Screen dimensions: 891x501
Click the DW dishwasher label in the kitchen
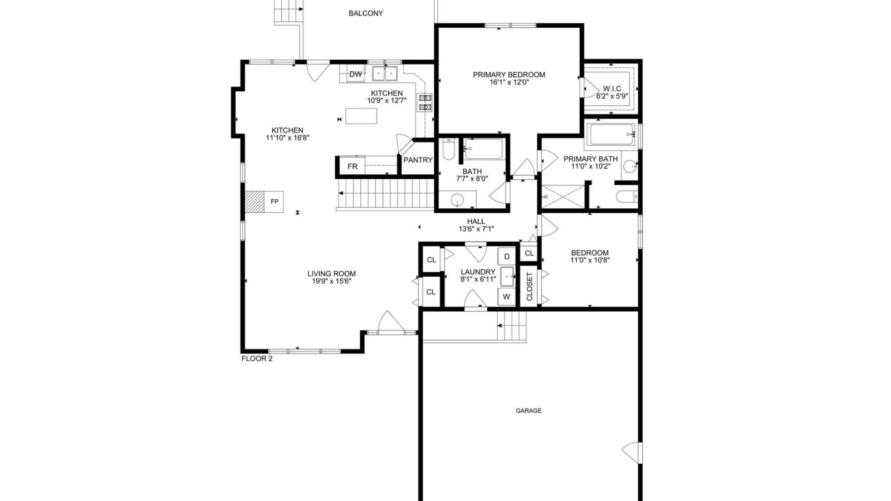(356, 74)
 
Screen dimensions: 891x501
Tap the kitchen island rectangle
(361, 116)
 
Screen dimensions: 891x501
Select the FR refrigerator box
(352, 166)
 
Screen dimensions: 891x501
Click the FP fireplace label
(275, 202)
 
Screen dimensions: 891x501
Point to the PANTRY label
(418, 160)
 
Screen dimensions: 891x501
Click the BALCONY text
(366, 13)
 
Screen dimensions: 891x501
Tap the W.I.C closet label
(612, 89)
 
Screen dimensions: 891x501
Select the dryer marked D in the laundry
(507, 257)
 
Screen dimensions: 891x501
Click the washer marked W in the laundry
(507, 297)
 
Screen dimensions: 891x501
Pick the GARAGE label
(528, 411)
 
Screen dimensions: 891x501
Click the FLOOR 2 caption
(257, 358)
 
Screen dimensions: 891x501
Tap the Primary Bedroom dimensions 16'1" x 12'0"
(509, 82)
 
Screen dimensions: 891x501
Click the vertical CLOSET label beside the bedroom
(530, 287)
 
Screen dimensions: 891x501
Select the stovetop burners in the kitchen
(425, 102)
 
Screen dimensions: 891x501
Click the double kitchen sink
(385, 73)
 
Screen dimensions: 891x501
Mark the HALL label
(476, 222)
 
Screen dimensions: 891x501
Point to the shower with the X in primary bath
(563, 197)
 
